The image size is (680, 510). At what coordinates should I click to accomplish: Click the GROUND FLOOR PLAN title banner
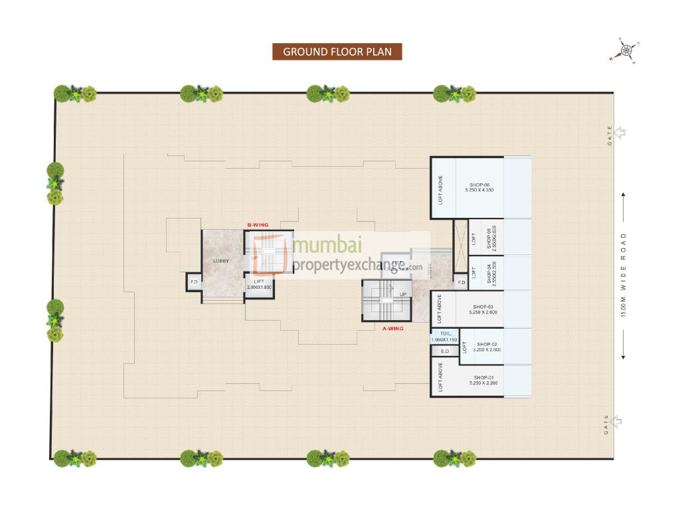coord(337,52)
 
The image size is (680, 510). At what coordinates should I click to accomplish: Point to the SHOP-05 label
coord(492,237)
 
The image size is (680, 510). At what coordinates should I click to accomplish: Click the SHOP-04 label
coord(492,273)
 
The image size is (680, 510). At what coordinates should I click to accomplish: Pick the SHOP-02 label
coord(488,346)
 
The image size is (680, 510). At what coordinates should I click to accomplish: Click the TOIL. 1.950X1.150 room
coord(445,337)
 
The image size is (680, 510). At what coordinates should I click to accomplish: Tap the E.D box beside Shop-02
coord(445,351)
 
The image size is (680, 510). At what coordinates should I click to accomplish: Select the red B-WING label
coord(257,226)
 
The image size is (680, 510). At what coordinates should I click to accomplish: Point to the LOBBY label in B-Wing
coord(221,261)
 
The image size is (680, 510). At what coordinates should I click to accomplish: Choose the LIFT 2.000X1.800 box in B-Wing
coord(259,284)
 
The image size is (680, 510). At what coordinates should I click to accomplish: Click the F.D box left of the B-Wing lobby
coord(194,282)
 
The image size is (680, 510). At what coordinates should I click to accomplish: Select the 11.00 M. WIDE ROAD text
coord(624,275)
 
